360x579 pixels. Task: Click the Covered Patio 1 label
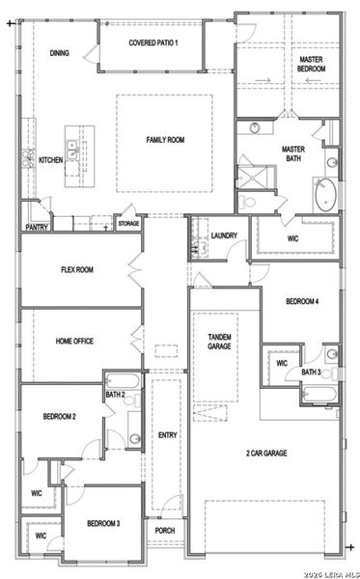pos(153,43)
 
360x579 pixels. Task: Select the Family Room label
pos(165,141)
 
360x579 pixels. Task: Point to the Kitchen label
pos(50,159)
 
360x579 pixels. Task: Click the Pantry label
pos(37,228)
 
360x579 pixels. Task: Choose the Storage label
pos(128,224)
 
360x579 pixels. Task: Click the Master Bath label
pos(293,154)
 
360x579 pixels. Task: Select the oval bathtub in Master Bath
pos(328,194)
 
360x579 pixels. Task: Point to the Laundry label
pos(224,234)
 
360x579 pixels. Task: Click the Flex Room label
pos(76,270)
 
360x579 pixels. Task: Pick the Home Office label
pos(74,341)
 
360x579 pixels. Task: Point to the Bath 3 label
pos(311,372)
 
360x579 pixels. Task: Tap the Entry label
pos(167,435)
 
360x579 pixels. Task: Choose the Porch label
pos(165,530)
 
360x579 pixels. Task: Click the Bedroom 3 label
pos(103,523)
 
